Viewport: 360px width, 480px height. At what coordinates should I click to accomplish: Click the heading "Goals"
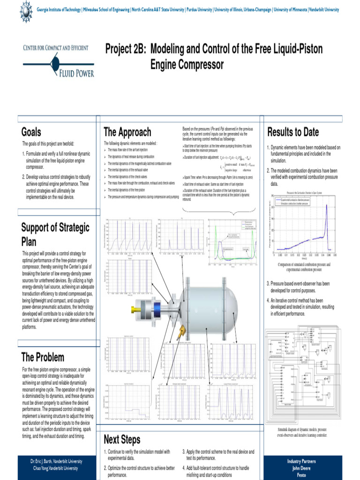pos(31,132)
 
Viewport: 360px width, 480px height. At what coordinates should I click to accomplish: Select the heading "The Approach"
pos(127,132)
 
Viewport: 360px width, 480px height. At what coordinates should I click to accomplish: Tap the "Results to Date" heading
pos(293,132)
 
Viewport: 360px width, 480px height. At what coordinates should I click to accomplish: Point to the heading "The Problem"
pos(43,358)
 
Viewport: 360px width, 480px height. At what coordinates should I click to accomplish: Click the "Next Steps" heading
pos(122,440)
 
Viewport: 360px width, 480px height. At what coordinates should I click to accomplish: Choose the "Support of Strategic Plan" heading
pos(55,234)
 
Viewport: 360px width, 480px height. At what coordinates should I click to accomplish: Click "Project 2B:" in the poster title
pos(125,49)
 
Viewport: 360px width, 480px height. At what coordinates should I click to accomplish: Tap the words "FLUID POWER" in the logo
pos(76,73)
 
